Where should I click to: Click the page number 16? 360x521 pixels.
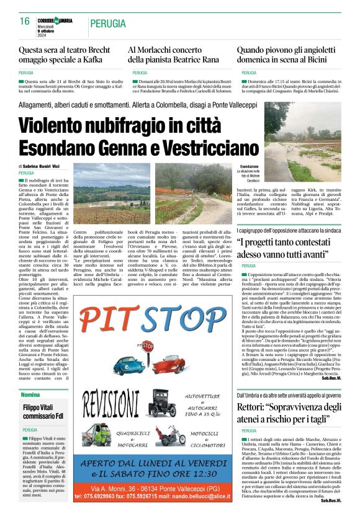[x=24, y=21]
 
